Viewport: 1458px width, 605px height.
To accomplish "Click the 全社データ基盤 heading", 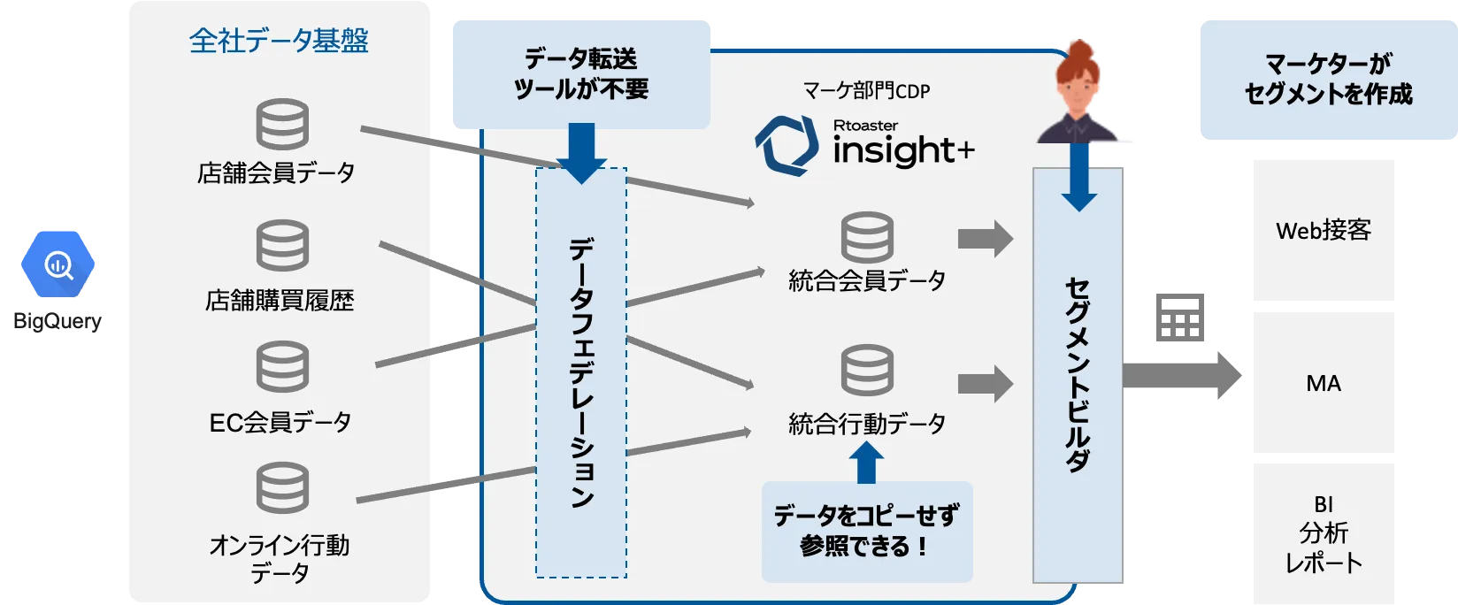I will tap(279, 41).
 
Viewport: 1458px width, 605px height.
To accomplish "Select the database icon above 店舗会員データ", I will tap(282, 124).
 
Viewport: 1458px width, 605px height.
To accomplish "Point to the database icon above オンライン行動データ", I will tap(282, 487).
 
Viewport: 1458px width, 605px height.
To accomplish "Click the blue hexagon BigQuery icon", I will tap(59, 264).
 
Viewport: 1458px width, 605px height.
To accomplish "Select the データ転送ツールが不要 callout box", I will tap(581, 73).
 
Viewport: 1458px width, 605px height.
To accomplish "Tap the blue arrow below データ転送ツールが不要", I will tap(581, 152).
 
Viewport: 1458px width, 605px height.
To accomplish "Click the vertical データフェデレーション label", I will tap(581, 371).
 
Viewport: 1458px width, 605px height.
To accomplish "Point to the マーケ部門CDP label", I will tap(866, 90).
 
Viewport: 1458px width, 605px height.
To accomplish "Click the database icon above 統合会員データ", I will tap(867, 237).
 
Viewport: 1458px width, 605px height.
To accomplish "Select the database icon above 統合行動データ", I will tap(867, 371).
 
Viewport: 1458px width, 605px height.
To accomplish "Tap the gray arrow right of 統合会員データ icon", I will tap(985, 238).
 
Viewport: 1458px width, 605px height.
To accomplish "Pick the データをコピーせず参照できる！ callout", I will tap(866, 531).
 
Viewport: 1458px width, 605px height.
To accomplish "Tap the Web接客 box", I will tap(1323, 231).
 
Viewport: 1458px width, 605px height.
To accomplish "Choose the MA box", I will tap(1323, 383).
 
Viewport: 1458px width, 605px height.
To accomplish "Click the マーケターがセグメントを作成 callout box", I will tap(1327, 79).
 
